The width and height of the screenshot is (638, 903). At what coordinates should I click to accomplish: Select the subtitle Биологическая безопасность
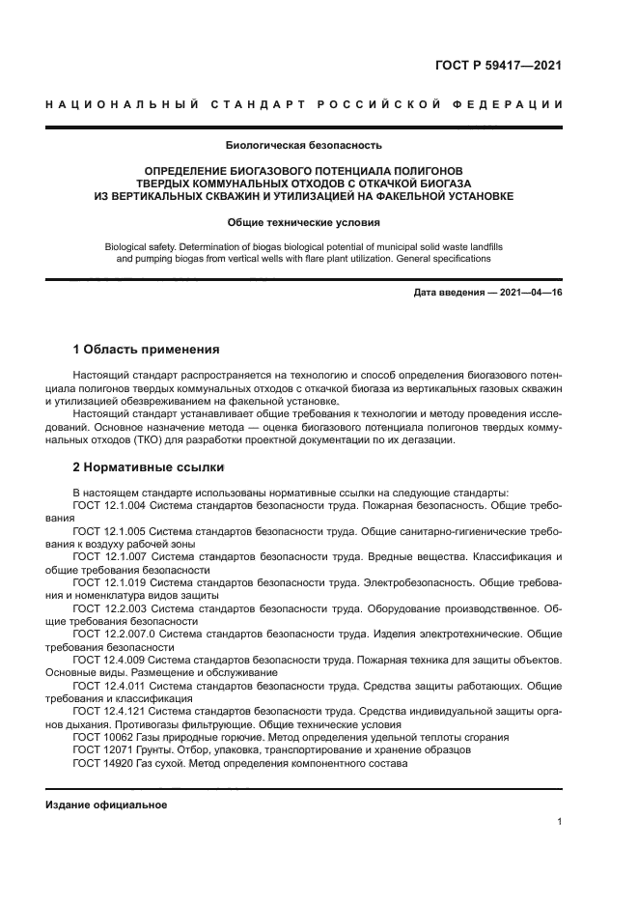pos(304,147)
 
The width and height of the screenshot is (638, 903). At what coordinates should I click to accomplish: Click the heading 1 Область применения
pos(147,349)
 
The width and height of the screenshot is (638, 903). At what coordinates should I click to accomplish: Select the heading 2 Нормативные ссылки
pos(149,467)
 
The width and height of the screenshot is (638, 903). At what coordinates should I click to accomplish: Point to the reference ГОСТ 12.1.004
pos(109,505)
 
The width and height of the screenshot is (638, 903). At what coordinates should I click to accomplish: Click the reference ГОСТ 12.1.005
pos(109,531)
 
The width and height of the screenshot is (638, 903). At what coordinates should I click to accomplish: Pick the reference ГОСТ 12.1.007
pos(109,557)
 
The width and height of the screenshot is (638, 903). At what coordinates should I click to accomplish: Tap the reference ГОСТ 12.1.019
pos(109,583)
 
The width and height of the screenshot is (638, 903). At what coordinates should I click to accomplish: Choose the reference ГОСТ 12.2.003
pos(109,609)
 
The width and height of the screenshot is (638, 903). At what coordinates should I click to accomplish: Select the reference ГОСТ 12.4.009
pos(109,661)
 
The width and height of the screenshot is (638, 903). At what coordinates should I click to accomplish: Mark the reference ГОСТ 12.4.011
pos(109,686)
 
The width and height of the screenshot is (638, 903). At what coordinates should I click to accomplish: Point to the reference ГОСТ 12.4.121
pos(109,712)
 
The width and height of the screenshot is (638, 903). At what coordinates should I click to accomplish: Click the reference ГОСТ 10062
pos(99,737)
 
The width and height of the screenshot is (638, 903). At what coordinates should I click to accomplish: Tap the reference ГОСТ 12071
pos(99,749)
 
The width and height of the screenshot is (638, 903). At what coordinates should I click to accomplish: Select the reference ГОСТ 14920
pos(99,763)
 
